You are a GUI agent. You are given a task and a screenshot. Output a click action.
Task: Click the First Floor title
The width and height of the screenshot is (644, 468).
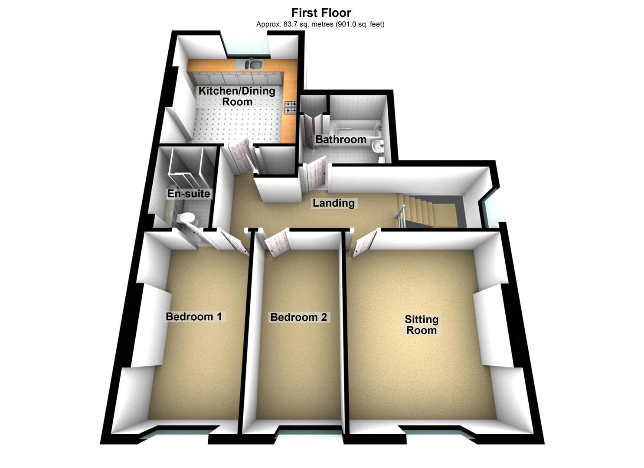(x=321, y=13)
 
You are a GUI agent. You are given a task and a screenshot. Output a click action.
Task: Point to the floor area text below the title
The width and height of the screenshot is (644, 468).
(x=320, y=24)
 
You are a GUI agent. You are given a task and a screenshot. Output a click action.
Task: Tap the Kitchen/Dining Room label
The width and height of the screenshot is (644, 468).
(x=237, y=96)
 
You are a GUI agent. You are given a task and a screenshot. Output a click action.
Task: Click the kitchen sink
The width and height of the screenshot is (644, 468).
(x=253, y=65)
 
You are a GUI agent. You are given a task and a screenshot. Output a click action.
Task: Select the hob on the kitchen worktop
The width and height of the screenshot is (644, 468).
(x=290, y=107)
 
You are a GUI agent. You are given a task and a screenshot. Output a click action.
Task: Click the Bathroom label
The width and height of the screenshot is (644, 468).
(x=341, y=140)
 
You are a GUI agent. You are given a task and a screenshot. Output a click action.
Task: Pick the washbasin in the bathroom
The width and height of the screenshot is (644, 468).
(x=379, y=146)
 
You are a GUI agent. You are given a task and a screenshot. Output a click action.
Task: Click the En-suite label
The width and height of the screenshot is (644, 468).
(x=189, y=194)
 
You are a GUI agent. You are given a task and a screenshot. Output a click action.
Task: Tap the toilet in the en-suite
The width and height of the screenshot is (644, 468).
(x=189, y=219)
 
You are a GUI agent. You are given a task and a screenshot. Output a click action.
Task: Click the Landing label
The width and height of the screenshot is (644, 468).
(x=333, y=203)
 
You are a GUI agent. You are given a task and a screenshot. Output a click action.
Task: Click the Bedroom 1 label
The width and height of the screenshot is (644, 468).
(x=193, y=317)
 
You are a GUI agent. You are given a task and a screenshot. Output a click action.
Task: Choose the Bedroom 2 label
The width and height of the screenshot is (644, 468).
(x=298, y=317)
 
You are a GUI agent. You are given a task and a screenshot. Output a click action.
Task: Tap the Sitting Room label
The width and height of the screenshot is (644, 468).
(x=422, y=325)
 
